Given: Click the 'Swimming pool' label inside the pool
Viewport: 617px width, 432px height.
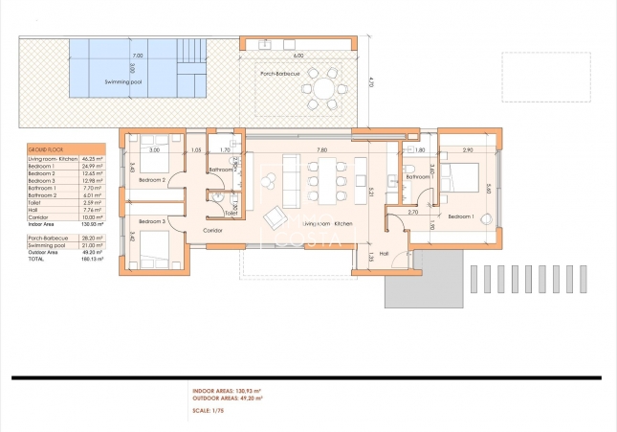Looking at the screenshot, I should [x=124, y=83].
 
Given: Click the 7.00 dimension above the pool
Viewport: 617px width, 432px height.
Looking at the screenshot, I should [x=138, y=57].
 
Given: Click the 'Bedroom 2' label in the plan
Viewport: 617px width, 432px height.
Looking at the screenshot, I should [x=152, y=180].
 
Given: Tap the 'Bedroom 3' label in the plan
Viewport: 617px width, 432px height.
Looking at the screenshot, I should [x=152, y=222].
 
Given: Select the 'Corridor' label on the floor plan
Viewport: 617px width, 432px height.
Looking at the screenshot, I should [x=214, y=232].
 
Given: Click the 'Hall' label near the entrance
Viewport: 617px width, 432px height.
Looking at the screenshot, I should [x=385, y=254].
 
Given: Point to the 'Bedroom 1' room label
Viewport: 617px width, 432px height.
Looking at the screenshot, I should [x=461, y=217].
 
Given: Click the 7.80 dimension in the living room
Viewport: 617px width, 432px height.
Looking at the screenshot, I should [x=321, y=149].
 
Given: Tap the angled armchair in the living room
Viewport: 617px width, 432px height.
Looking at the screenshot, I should [x=275, y=216].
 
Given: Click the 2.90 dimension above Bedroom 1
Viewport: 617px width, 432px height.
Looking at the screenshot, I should [x=468, y=150].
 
